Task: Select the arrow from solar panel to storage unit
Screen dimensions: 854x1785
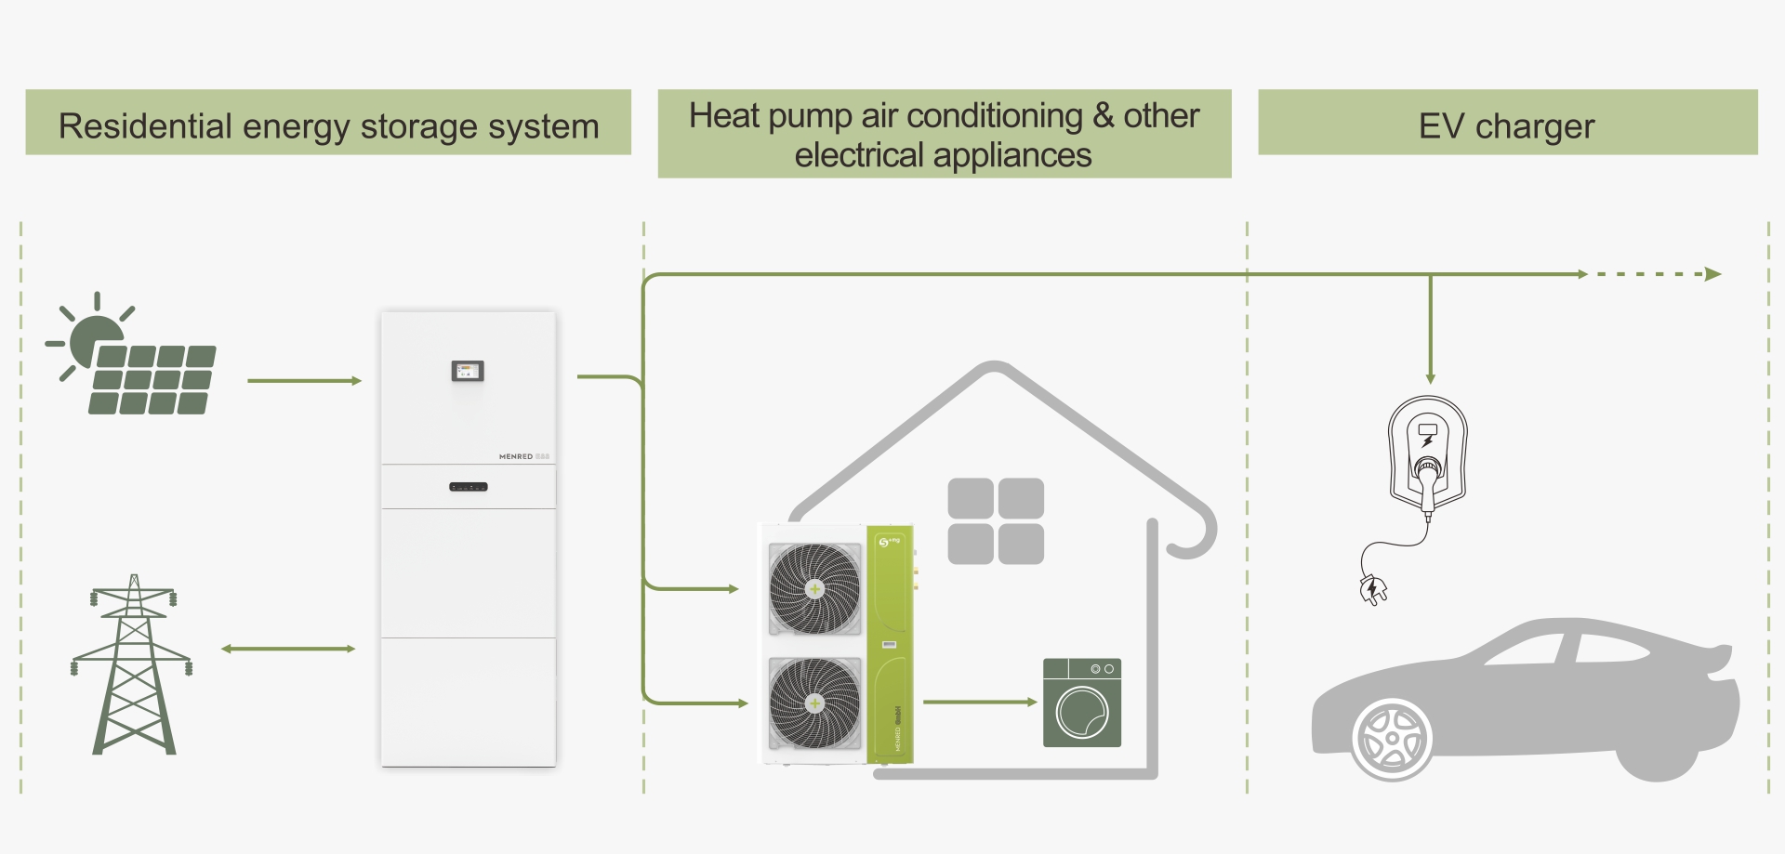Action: point(304,381)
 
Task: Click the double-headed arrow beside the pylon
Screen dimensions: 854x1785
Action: point(288,649)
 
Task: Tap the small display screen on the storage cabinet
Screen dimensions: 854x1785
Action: point(468,372)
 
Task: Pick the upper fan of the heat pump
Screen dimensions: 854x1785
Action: point(815,589)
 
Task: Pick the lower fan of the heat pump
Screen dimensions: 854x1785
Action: point(815,703)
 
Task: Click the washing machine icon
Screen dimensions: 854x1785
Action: point(1082,703)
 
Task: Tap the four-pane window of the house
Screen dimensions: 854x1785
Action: point(996,521)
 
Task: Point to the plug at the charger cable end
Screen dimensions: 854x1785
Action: point(1373,589)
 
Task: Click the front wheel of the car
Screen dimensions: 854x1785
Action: point(1392,740)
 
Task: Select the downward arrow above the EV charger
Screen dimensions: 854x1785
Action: point(1431,330)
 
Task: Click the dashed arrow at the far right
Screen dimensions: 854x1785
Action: point(1659,274)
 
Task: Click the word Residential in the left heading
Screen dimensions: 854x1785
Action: point(145,126)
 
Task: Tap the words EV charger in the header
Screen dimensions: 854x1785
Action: point(1506,126)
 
